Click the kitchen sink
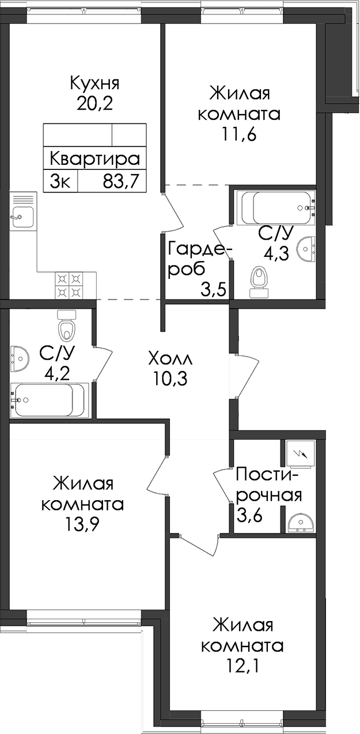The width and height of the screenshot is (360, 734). pyautogui.click(x=23, y=217)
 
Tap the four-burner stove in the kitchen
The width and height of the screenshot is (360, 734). pyautogui.click(x=69, y=285)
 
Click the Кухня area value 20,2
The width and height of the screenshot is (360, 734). pyautogui.click(x=95, y=104)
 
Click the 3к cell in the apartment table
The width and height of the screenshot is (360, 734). pyautogui.click(x=60, y=181)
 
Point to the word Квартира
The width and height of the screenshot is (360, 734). pyautogui.click(x=95, y=159)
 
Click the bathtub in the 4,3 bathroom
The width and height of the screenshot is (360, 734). pyautogui.click(x=276, y=208)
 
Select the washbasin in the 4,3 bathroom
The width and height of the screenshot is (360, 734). pyautogui.click(x=306, y=249)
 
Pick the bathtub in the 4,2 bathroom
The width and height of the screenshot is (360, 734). pyautogui.click(x=50, y=400)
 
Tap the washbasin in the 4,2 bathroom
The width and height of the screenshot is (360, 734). pyautogui.click(x=20, y=358)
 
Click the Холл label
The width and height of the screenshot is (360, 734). pyautogui.click(x=170, y=359)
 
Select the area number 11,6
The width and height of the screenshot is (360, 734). pyautogui.click(x=238, y=135)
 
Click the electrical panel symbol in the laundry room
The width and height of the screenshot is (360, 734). pyautogui.click(x=300, y=453)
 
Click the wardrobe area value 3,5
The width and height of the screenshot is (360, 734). pyautogui.click(x=214, y=290)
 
